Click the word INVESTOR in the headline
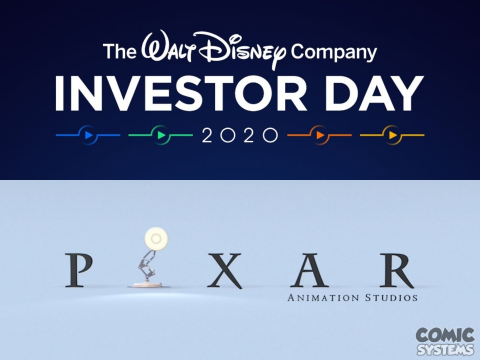click(181, 93)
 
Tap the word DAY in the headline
click(374, 93)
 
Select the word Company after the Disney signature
click(333, 52)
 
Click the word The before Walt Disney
click(119, 51)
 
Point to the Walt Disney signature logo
click(213, 48)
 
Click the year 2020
click(240, 135)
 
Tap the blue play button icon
click(88, 135)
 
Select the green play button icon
click(160, 135)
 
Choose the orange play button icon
click(319, 135)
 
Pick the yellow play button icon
click(392, 135)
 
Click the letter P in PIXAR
click(78, 270)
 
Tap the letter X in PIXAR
click(225, 270)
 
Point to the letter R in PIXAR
click(397, 270)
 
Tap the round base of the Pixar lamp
click(147, 284)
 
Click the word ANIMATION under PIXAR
click(323, 297)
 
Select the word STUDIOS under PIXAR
click(391, 297)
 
